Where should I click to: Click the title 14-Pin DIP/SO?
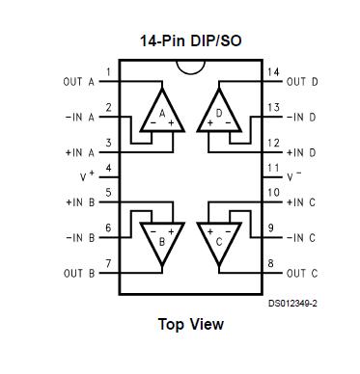click(x=191, y=41)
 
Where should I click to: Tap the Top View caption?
click(x=190, y=324)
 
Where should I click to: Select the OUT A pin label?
click(x=78, y=82)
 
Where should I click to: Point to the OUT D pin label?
click(x=302, y=82)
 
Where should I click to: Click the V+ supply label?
click(x=88, y=176)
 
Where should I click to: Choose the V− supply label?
click(x=295, y=176)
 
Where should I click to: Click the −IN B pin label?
click(x=78, y=237)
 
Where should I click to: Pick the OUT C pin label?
click(x=302, y=274)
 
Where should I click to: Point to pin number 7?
click(x=108, y=263)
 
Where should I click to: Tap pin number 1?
click(x=108, y=72)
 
